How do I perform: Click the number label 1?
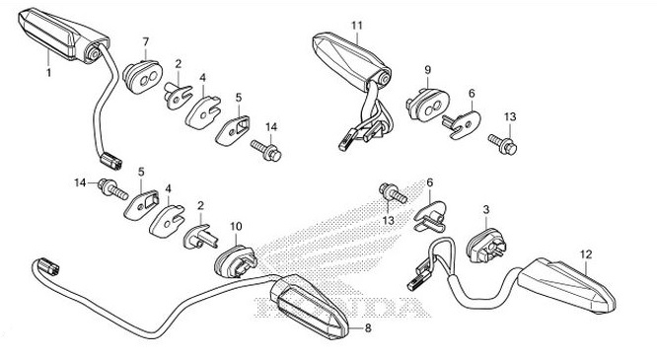coord(49,72)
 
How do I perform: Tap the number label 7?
coord(146,41)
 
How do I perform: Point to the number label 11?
coord(356,25)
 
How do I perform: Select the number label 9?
coord(428,70)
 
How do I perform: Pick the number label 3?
coord(486,209)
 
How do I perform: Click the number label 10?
coord(237,226)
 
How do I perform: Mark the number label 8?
coord(368,328)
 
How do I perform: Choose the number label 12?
coord(586,253)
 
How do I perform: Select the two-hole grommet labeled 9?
coord(427,105)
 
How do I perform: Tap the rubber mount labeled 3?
coord(486,246)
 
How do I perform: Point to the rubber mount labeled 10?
coord(236,262)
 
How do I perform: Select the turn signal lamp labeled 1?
coord(63,36)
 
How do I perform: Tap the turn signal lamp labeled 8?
coord(309,306)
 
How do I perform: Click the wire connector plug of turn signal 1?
coord(111,162)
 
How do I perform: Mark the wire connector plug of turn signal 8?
coord(48,267)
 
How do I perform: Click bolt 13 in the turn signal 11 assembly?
coord(503,144)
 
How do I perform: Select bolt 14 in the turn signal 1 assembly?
coord(266,150)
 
